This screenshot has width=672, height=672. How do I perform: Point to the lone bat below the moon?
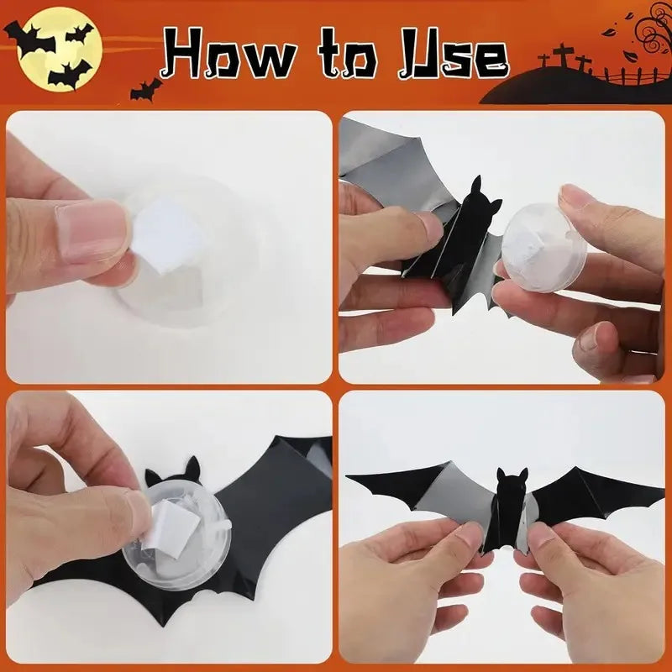pos(146,89)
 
